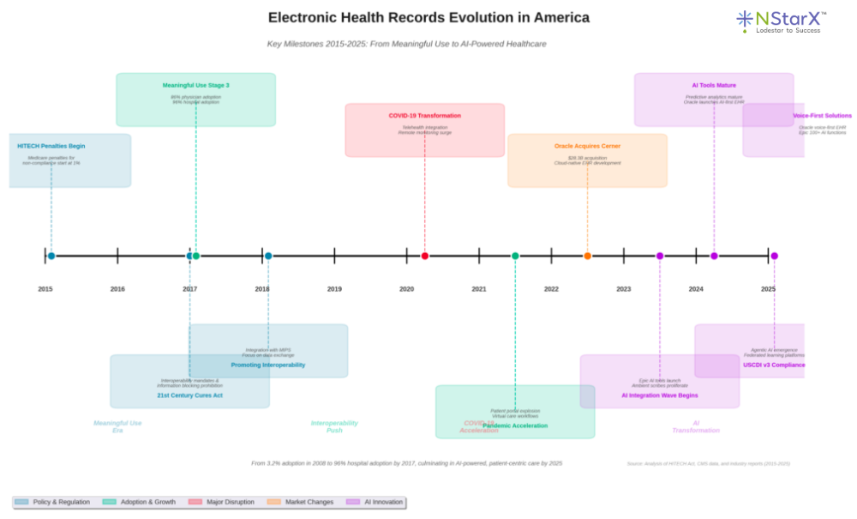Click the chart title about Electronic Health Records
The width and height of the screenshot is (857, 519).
click(x=428, y=17)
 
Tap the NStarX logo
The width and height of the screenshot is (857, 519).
click(x=781, y=21)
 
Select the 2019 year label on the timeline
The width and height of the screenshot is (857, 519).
click(x=334, y=289)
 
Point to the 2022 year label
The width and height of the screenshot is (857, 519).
click(x=551, y=289)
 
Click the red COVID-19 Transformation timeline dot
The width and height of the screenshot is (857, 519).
click(x=425, y=256)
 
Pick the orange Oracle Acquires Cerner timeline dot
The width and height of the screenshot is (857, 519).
click(x=587, y=256)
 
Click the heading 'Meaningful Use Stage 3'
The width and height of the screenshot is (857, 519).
click(x=195, y=85)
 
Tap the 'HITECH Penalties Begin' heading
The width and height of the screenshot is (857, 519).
click(x=51, y=146)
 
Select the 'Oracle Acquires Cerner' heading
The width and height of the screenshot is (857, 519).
click(x=587, y=146)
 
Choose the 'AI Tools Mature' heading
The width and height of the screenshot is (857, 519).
click(x=713, y=85)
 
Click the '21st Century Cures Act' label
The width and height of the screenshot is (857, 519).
click(x=189, y=395)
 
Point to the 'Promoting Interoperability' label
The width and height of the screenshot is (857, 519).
click(x=267, y=365)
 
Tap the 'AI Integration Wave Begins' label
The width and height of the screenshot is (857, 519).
click(x=659, y=395)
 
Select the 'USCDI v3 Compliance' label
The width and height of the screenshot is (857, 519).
click(x=774, y=365)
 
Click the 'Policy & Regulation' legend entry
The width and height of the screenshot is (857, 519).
click(x=53, y=502)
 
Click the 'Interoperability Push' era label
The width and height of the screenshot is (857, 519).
click(x=334, y=426)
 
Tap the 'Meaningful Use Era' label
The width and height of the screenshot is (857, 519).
click(x=117, y=426)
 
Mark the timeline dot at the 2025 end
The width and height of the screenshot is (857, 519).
click(x=774, y=256)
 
